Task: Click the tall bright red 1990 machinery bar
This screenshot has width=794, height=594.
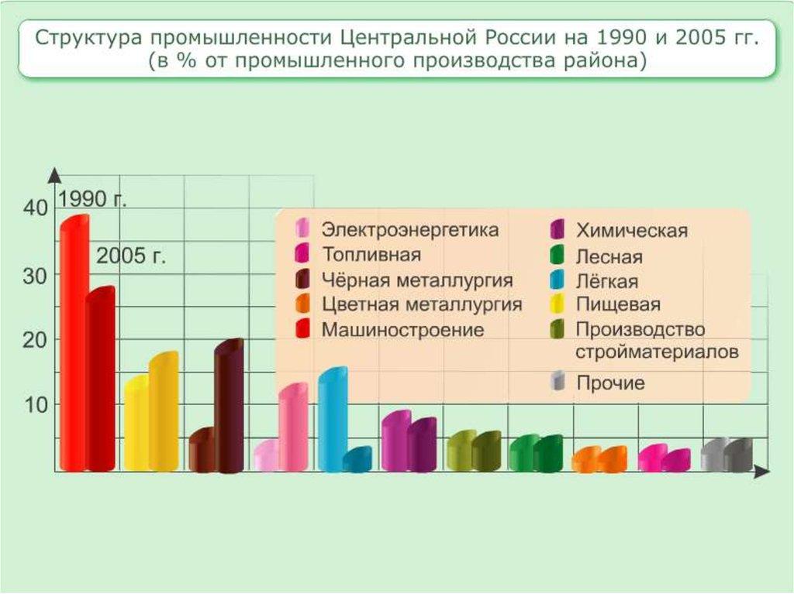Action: (x=74, y=345)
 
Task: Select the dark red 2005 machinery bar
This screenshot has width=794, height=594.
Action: (x=101, y=379)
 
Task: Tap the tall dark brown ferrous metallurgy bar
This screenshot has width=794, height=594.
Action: (x=230, y=407)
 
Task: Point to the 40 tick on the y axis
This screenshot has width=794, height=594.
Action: (x=35, y=208)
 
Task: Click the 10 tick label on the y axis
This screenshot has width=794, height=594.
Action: (x=36, y=404)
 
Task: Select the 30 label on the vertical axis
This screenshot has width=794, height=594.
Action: (x=36, y=275)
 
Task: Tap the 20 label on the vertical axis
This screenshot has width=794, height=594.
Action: (x=36, y=339)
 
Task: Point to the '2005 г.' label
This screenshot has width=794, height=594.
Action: (x=131, y=256)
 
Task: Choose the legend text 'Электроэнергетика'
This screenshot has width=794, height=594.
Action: (x=410, y=230)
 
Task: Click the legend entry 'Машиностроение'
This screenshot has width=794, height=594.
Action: (x=402, y=330)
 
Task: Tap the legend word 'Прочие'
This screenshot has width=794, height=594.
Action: (x=610, y=383)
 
